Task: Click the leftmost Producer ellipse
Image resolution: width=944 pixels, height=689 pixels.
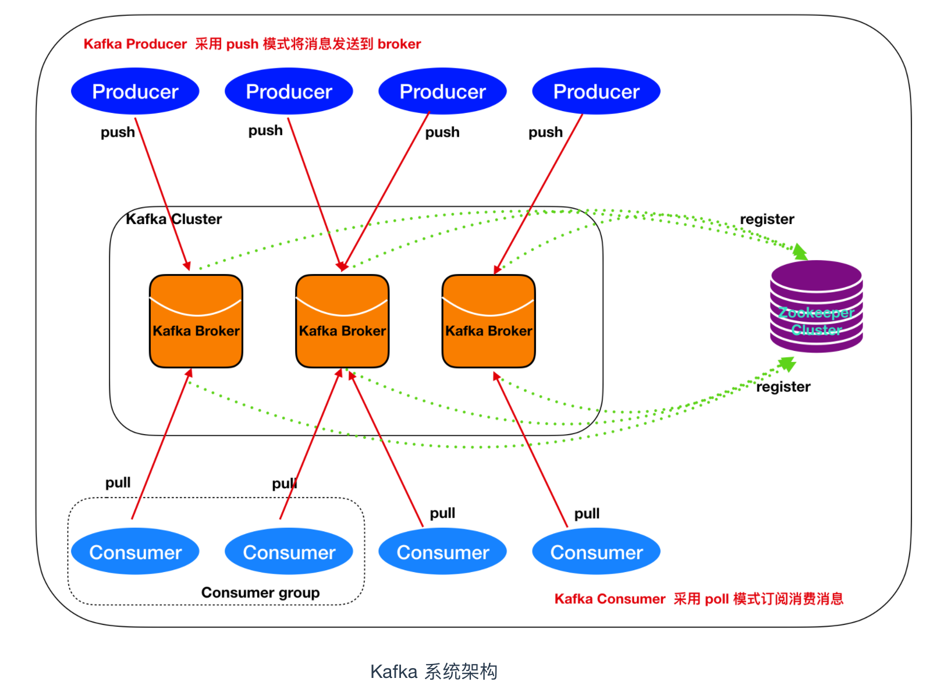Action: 135,91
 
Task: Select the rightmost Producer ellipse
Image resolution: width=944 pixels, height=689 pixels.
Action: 596,91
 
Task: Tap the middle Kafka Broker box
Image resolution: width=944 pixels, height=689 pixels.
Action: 342,321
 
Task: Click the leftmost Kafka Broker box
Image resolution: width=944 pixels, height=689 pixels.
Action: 196,321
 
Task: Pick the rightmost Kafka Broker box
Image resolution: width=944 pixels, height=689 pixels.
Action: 488,321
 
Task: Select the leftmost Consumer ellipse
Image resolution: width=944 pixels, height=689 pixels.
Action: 135,552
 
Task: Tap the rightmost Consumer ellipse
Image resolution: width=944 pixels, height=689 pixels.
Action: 596,552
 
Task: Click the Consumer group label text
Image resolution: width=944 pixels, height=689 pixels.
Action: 260,592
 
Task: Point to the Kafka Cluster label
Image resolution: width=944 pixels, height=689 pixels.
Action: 173,219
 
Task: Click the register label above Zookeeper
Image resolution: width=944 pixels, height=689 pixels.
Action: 766,219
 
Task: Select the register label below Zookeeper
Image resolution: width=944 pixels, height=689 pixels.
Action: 783,387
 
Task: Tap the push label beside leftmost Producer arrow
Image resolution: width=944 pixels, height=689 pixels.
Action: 118,133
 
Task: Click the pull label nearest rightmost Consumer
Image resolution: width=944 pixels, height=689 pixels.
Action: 587,514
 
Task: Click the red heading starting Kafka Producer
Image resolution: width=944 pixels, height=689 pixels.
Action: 252,44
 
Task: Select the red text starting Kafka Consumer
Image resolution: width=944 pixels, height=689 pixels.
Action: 698,599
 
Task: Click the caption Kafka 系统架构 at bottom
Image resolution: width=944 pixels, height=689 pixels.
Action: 434,672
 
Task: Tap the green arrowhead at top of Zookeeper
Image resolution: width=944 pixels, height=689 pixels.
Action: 801,252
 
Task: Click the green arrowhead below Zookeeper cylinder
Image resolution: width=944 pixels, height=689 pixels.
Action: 787,364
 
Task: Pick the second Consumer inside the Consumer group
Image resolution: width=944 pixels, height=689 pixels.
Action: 289,552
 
